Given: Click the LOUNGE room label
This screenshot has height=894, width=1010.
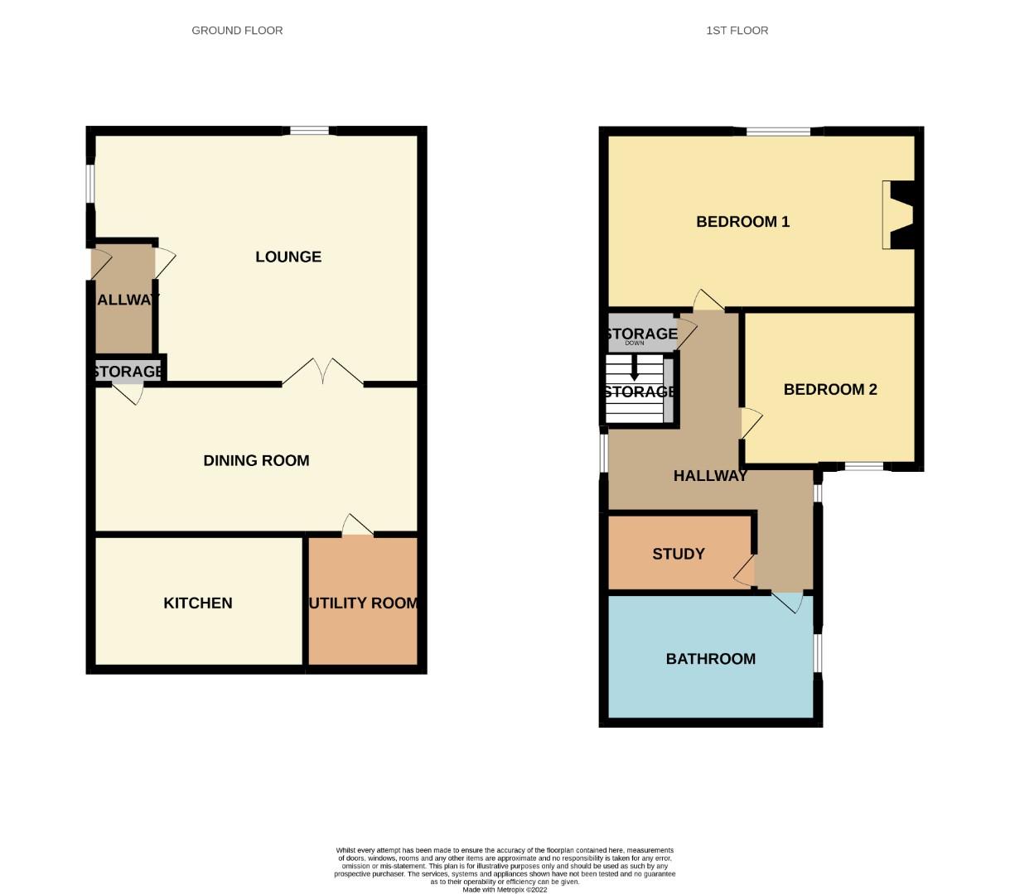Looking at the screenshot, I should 288,257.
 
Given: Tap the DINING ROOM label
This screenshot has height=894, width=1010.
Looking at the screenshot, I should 256,460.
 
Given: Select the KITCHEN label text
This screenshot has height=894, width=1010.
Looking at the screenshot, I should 198,603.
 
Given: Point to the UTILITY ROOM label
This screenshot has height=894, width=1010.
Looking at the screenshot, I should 363,603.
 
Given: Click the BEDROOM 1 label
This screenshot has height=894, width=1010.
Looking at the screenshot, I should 742,222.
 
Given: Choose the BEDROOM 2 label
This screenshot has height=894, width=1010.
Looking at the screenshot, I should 830,389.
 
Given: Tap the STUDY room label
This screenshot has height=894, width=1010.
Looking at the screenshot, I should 679,554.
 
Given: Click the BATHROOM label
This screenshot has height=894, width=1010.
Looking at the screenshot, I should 711,659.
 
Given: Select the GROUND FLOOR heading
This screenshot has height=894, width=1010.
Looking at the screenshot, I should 237,31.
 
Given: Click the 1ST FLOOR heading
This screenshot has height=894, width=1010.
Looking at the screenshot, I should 737,31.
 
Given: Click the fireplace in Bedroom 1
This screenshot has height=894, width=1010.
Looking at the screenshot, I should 896,214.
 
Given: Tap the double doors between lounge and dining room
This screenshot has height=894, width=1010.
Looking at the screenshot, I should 322,372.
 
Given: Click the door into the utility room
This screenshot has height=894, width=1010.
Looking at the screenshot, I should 357,526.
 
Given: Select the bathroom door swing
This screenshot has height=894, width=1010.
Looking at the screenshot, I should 789,602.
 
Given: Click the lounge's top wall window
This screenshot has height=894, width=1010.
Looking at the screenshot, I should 309,130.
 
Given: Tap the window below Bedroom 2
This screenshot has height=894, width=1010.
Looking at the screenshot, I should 863,467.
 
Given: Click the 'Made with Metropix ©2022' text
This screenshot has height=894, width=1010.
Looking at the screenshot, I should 505,889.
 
